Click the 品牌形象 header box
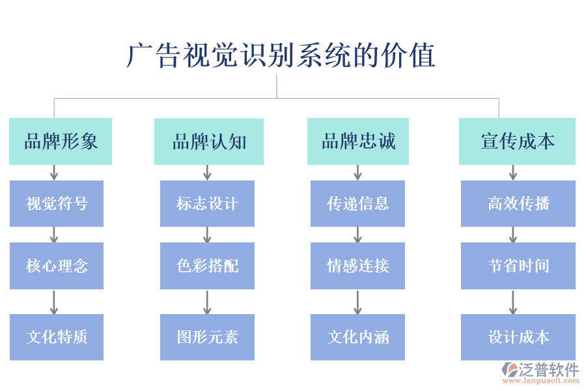[x=61, y=141]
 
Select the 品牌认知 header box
[x=208, y=141]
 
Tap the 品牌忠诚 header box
[x=358, y=141]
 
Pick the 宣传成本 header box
[x=517, y=141]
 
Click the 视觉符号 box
[x=57, y=203]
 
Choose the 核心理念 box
[x=57, y=265]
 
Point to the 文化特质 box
[x=57, y=337]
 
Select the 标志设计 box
[x=207, y=203]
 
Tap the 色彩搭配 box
[x=207, y=265]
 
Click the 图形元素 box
[x=207, y=337]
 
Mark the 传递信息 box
[x=357, y=203]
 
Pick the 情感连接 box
[x=357, y=265]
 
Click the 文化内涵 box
[x=357, y=337]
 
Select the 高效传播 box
[x=518, y=203]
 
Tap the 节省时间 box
[x=518, y=265]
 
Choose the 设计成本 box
[x=518, y=337]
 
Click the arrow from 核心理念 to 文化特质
[x=55, y=302]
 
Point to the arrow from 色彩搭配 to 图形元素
[x=207, y=302]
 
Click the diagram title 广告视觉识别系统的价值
[x=281, y=55]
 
